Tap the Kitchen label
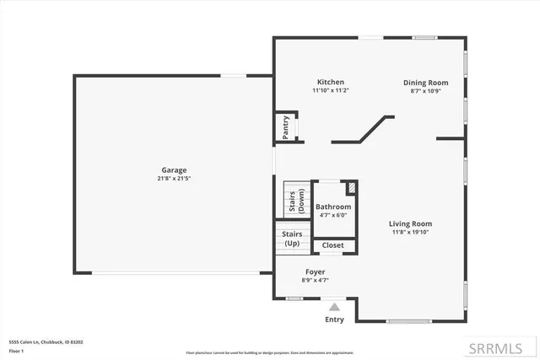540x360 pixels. click(330, 82)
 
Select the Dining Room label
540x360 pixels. click(425, 83)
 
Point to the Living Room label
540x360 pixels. click(416, 223)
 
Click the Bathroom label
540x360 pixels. click(333, 207)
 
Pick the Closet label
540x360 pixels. click(333, 245)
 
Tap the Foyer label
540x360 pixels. click(316, 272)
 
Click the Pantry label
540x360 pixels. click(286, 127)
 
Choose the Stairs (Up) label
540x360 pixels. click(291, 238)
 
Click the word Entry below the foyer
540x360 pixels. click(335, 320)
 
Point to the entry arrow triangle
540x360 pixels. click(335, 308)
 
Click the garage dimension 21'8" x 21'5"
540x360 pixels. click(175, 179)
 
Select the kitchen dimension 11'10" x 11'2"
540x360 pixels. click(330, 90)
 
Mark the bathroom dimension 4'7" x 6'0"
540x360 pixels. click(333, 215)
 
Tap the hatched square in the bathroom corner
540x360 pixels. click(352, 188)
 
